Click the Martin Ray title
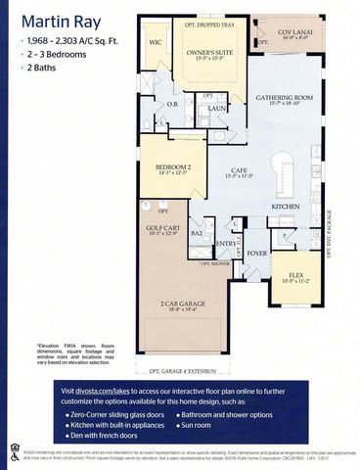coord(57,21)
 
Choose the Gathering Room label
coord(284,100)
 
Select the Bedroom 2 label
coord(172,167)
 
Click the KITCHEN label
coord(286,208)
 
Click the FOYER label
coord(256,253)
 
